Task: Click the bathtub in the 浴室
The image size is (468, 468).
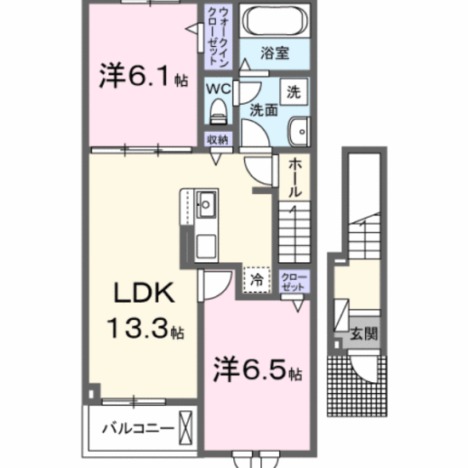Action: pos(275,20)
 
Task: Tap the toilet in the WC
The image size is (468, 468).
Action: pos(219,111)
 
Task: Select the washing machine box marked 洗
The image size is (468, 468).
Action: pos(294,92)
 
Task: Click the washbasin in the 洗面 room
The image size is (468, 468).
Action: pos(300,131)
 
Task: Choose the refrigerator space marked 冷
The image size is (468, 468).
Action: pos(257,280)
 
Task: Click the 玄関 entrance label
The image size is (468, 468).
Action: pos(364,334)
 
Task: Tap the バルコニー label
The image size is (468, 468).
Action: pos(138,429)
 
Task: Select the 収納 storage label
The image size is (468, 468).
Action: pos(218,140)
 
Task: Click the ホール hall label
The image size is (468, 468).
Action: pos(294,178)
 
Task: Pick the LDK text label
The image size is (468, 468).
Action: pos(144,293)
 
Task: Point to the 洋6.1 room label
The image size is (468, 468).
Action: pos(144,75)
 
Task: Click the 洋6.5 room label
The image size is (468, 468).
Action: pos(257,369)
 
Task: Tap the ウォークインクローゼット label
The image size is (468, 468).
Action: pos(219,37)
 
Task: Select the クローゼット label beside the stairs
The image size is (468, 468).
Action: pos(294,282)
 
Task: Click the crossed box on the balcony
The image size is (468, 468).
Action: pos(185,427)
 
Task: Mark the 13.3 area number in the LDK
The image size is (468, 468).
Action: pos(139,328)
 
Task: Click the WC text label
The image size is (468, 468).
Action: pos(219,88)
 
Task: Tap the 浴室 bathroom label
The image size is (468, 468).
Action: pos(275,53)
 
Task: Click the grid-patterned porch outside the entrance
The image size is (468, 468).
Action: pos(357,385)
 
